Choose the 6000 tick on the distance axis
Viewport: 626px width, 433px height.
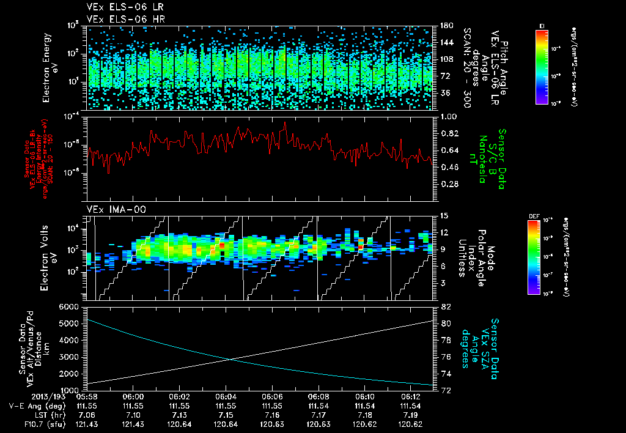coord(73,306)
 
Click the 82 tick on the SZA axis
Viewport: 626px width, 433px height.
coord(445,306)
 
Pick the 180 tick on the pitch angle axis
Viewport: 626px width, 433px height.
coord(446,26)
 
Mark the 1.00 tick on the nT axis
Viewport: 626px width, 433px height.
coord(450,116)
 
